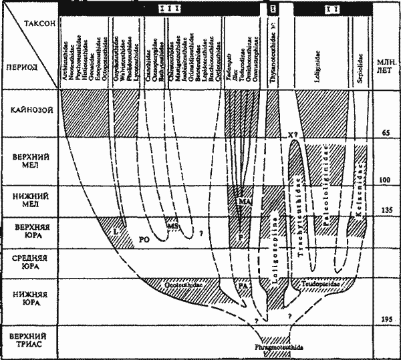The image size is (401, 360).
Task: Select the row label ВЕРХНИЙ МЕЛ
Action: coord(29,160)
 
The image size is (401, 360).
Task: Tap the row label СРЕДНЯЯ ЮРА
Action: coord(29,258)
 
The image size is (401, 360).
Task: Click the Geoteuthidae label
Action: coord(182,284)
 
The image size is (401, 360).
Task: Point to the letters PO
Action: coord(142,237)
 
